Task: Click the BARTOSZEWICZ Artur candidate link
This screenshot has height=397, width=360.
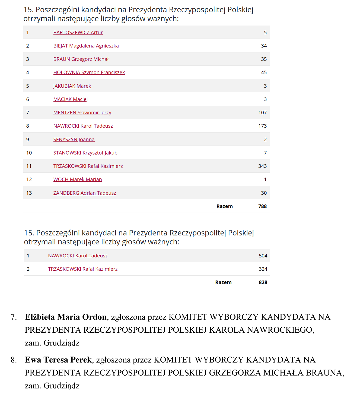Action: click(x=78, y=33)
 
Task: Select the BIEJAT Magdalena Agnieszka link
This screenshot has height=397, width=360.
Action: click(x=86, y=46)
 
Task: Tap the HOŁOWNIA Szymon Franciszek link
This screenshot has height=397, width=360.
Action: click(x=89, y=73)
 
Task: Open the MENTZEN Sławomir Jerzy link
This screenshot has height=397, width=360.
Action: click(x=82, y=113)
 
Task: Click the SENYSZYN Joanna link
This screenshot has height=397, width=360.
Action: click(x=74, y=140)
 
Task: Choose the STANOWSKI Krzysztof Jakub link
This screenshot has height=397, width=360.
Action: click(x=85, y=153)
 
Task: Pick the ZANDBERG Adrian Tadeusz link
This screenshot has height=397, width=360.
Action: click(x=85, y=193)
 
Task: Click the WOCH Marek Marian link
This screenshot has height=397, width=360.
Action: click(x=78, y=179)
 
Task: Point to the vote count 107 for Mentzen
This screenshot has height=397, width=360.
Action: click(x=262, y=113)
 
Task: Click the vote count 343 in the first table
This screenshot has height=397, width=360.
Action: click(x=262, y=166)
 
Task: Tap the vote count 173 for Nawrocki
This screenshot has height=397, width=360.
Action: click(x=262, y=126)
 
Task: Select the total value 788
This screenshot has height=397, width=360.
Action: click(x=262, y=206)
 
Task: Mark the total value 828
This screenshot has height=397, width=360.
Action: click(x=263, y=282)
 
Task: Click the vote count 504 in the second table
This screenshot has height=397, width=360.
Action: click(x=263, y=256)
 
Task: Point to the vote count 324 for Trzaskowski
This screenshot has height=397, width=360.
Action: click(x=263, y=269)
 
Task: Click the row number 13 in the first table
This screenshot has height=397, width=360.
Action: click(x=29, y=193)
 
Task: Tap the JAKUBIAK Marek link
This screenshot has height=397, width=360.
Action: click(x=72, y=86)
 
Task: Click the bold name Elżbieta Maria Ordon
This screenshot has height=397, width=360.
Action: click(x=66, y=317)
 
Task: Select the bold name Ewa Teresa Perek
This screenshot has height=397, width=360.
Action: click(x=58, y=360)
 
